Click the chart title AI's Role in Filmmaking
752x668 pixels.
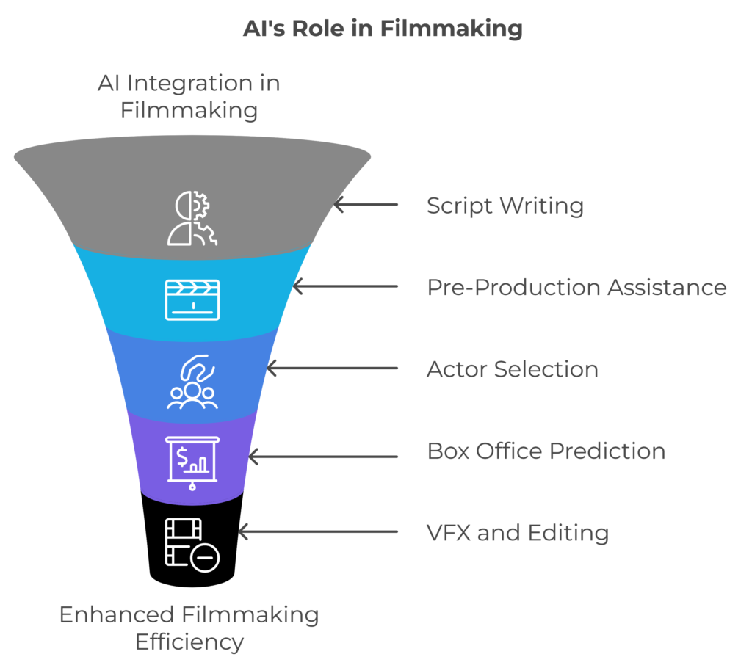[383, 29]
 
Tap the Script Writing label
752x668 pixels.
[505, 206]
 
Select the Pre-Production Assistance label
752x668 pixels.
[576, 287]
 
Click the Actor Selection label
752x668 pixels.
[513, 369]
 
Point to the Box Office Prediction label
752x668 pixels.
[546, 450]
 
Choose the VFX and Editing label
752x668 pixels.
[518, 531]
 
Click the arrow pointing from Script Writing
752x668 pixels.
[365, 205]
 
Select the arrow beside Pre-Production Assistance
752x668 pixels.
[344, 286]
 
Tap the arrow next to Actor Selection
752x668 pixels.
[331, 368]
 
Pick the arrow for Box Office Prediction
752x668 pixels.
[322, 457]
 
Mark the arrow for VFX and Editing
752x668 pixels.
[317, 531]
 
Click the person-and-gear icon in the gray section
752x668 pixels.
[192, 218]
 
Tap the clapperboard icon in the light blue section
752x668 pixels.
[192, 299]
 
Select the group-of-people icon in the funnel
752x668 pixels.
[192, 382]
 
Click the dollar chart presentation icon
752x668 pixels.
[192, 463]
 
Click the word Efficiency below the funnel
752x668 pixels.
[189, 642]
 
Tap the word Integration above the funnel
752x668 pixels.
[191, 84]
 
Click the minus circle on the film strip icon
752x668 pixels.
[205, 559]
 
